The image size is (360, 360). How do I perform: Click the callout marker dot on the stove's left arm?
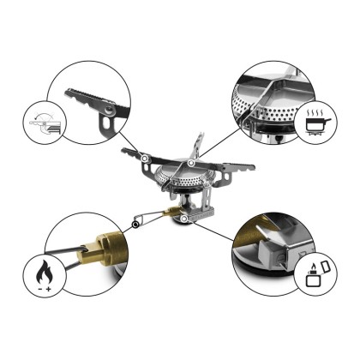point(146,158)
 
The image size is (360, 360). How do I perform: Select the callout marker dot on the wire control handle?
point(135,225)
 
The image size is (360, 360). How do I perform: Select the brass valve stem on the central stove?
point(171,210)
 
